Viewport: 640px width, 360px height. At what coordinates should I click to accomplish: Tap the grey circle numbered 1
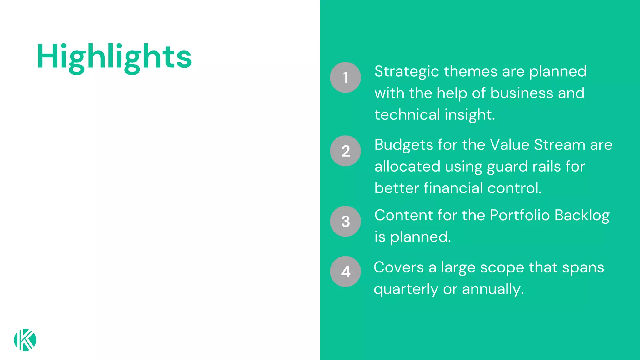click(x=345, y=77)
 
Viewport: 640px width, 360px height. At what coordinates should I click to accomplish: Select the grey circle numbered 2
click(x=345, y=151)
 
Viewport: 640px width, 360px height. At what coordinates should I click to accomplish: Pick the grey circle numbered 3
click(x=345, y=221)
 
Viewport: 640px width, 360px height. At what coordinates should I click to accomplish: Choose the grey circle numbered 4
click(x=345, y=272)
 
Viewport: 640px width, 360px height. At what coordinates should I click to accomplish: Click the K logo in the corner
click(x=25, y=340)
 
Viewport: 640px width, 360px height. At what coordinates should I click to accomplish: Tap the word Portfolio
click(x=519, y=215)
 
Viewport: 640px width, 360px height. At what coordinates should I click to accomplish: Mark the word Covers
click(x=398, y=267)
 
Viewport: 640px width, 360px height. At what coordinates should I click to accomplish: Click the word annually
click(x=493, y=289)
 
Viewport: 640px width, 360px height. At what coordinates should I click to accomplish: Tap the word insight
click(x=470, y=115)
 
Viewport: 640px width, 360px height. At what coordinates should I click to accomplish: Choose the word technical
click(x=407, y=115)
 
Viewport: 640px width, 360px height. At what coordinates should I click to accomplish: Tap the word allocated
click(x=407, y=167)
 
